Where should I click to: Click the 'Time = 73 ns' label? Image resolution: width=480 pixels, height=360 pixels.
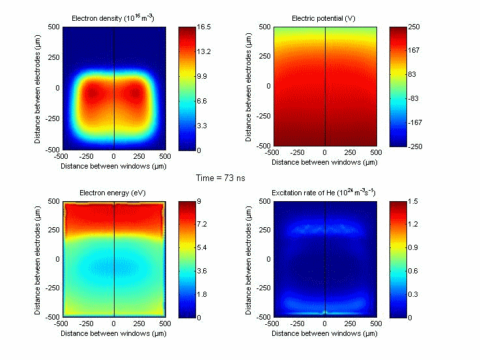(x=220, y=177)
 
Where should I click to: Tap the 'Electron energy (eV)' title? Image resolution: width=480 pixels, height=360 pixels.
(x=113, y=193)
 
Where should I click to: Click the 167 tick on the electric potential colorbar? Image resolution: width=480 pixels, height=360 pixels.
(x=419, y=51)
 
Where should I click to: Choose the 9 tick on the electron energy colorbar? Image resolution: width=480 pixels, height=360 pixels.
(x=206, y=202)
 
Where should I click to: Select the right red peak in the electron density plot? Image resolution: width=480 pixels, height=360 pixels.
(x=135, y=93)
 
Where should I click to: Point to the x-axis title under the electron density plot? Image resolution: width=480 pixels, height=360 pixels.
(x=113, y=167)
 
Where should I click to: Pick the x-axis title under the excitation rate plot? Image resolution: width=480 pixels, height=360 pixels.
(x=324, y=333)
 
